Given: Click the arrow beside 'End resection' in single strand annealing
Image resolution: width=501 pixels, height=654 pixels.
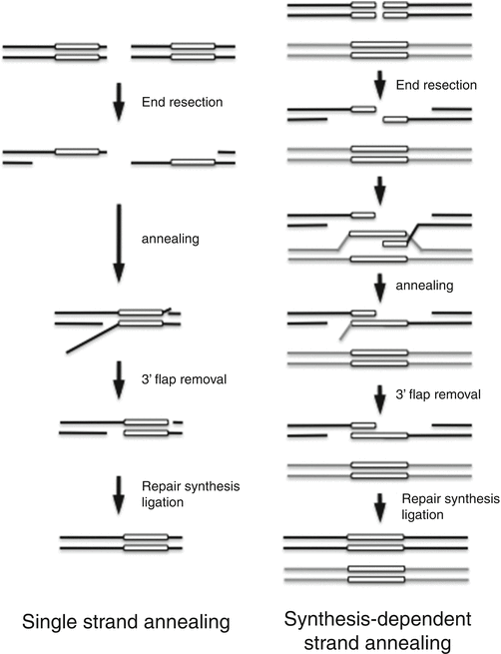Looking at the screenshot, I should click(x=117, y=102).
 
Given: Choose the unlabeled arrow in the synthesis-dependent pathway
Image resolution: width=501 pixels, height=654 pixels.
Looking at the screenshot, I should click(x=379, y=186).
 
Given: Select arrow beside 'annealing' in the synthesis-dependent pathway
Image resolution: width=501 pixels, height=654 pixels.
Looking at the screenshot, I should click(x=379, y=286).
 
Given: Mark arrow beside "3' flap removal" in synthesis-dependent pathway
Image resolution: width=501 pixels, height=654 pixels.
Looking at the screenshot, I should click(x=379, y=397).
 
